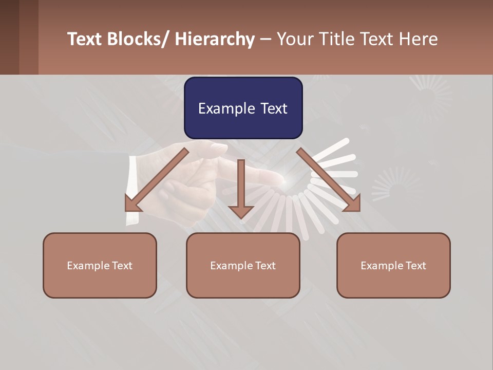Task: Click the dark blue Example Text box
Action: (243, 108)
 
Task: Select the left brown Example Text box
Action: (100, 265)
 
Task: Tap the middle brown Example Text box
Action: (243, 265)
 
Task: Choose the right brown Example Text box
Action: (393, 265)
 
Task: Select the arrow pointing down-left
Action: (157, 180)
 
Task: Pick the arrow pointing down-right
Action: (329, 180)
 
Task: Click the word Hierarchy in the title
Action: (215, 39)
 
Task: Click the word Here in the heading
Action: (418, 39)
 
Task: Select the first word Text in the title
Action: (85, 39)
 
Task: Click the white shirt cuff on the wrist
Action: (132, 190)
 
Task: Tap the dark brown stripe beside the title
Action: (9, 37)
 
